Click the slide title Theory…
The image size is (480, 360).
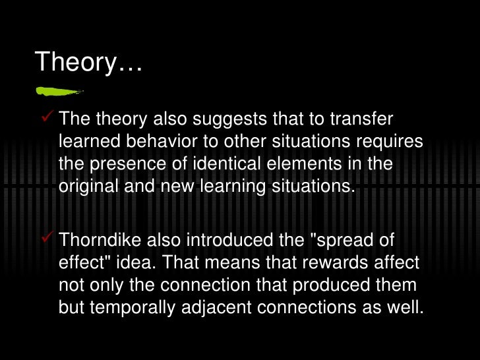(x=89, y=62)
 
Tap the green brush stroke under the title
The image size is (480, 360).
(x=59, y=90)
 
